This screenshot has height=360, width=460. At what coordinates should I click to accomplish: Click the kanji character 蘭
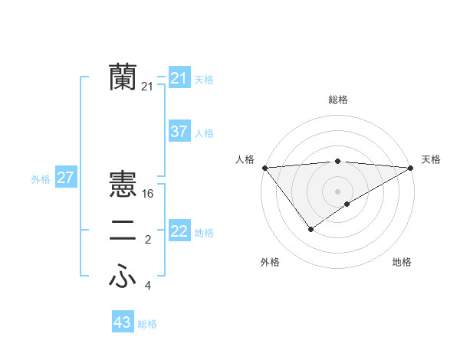(x=123, y=77)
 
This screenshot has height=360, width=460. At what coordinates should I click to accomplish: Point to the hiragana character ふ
(x=123, y=278)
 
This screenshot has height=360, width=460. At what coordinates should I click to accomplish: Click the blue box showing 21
(x=179, y=77)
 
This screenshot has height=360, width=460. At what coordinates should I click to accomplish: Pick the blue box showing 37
(x=179, y=132)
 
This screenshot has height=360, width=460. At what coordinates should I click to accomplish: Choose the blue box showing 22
(x=179, y=231)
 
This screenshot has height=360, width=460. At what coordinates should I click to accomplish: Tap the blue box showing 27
(x=65, y=178)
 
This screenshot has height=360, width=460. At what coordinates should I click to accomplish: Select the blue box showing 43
(x=123, y=322)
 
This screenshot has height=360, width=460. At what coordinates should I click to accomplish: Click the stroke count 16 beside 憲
(x=149, y=193)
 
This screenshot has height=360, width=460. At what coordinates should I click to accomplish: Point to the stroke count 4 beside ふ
(x=148, y=286)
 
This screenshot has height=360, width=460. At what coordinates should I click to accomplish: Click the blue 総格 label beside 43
(x=147, y=324)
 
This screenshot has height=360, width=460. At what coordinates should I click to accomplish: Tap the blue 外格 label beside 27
(x=41, y=179)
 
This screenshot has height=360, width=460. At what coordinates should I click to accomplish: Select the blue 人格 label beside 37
(x=204, y=133)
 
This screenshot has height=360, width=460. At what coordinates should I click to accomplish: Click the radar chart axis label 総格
(x=337, y=100)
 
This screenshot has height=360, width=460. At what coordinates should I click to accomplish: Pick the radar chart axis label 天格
(x=432, y=159)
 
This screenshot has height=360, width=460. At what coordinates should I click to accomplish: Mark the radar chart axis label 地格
(x=402, y=262)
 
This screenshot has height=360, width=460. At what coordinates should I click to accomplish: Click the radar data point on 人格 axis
(x=264, y=168)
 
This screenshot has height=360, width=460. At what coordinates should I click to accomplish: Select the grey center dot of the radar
(x=337, y=191)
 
